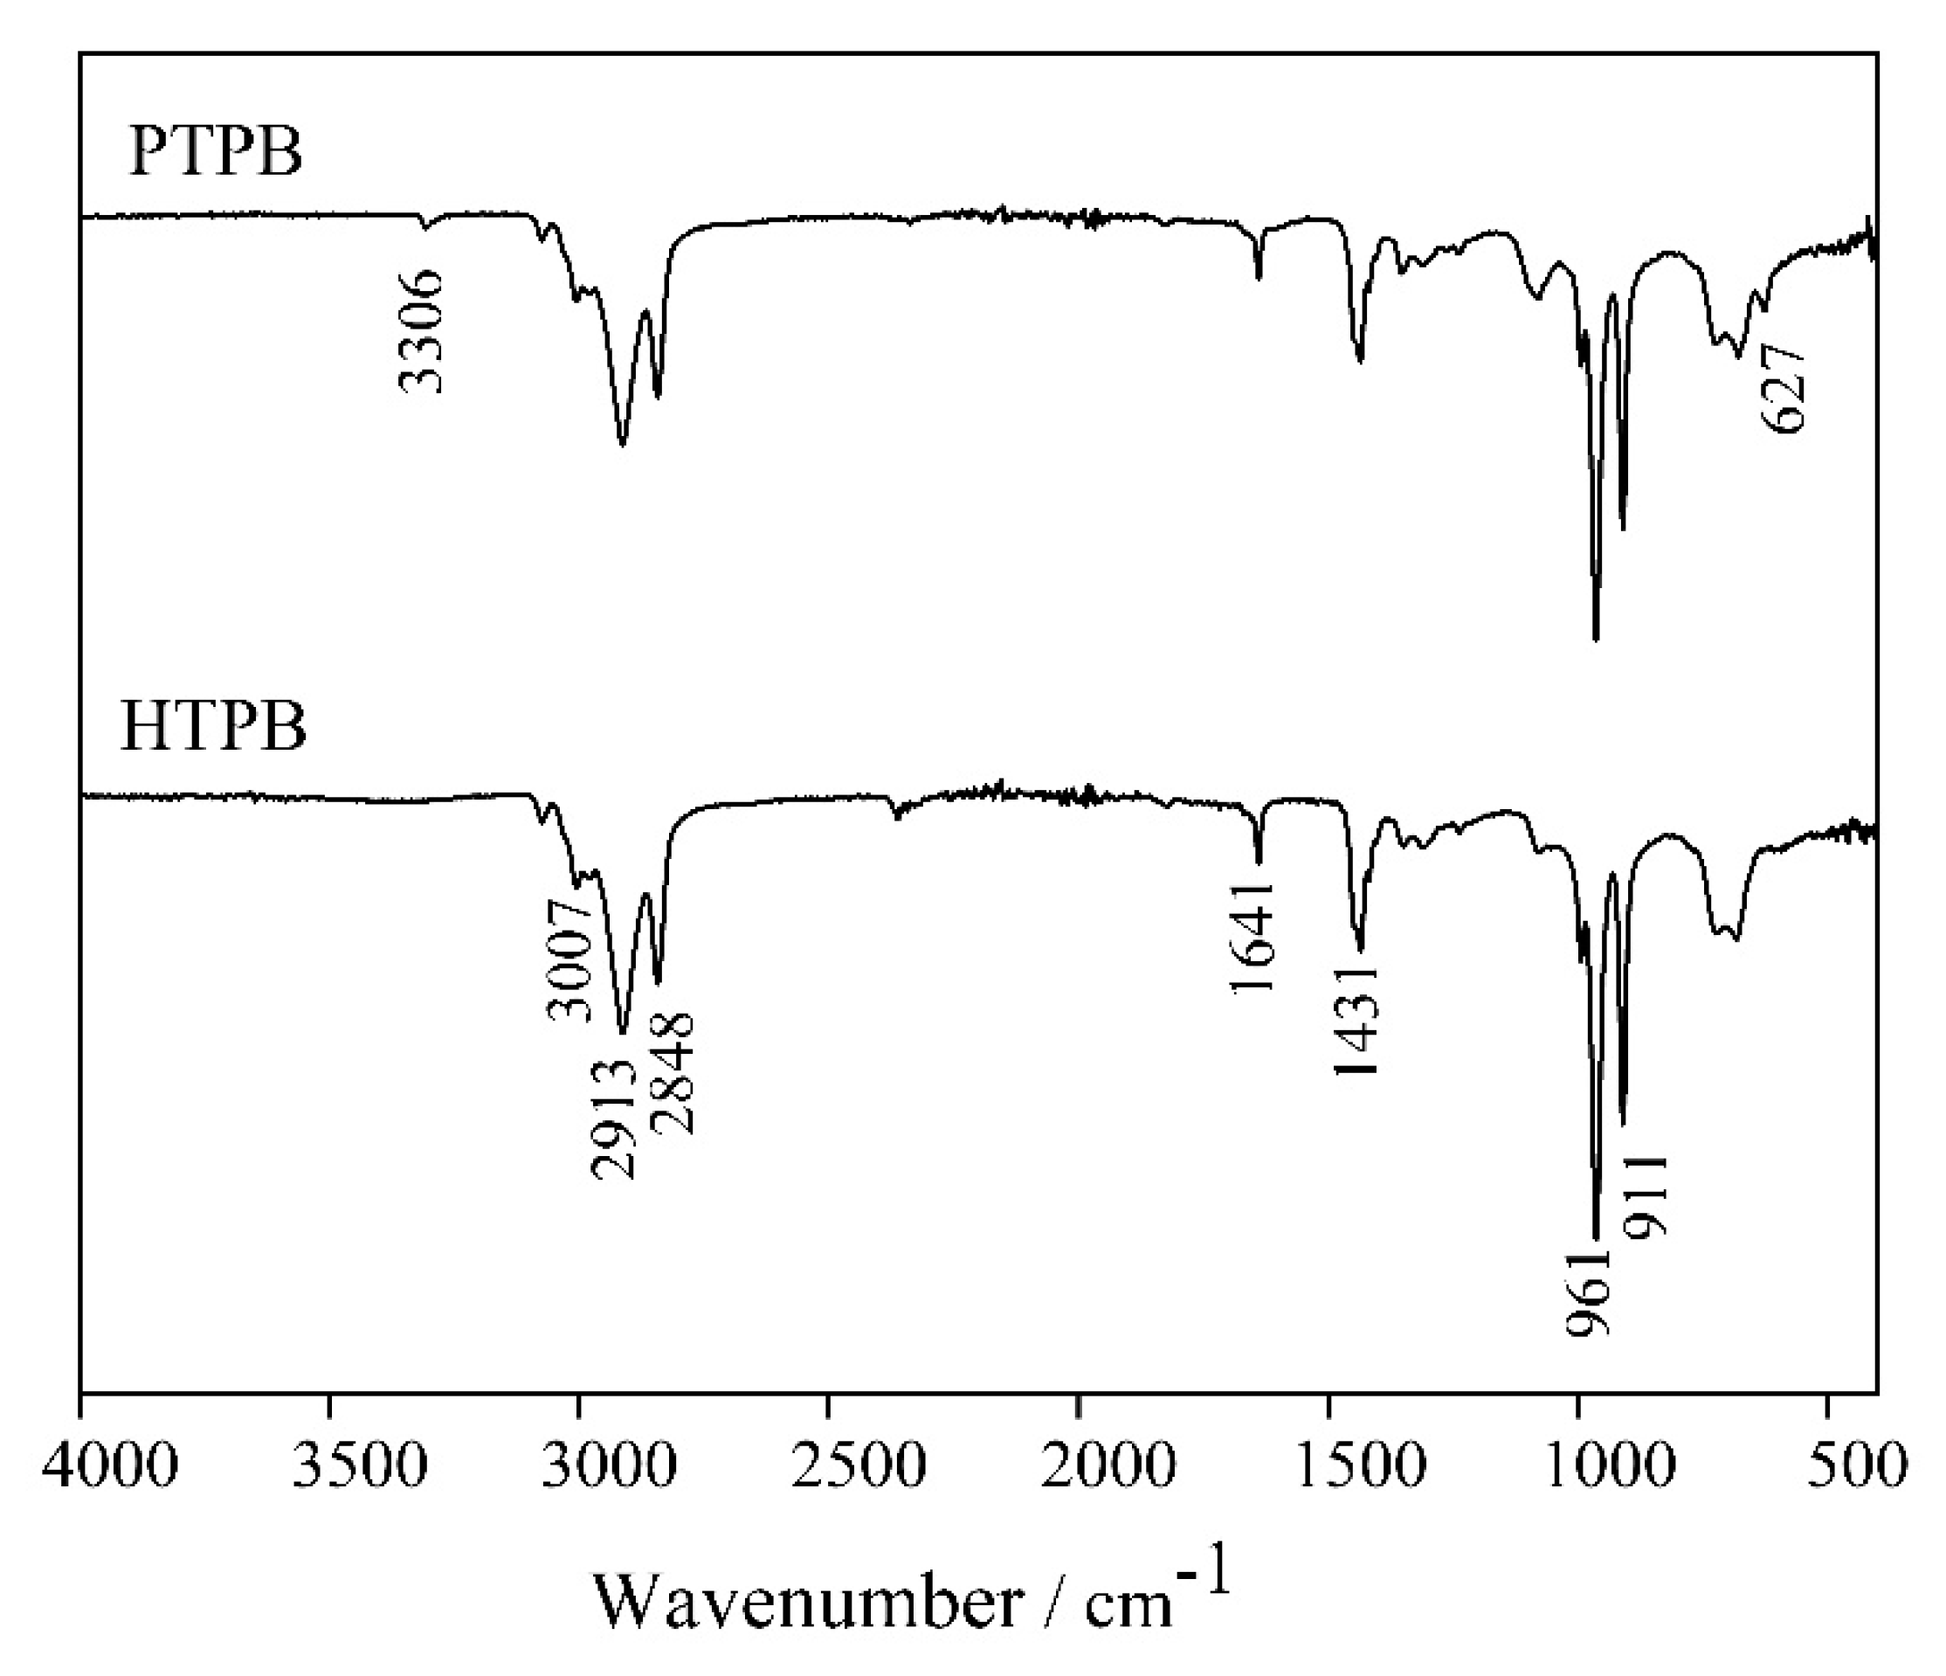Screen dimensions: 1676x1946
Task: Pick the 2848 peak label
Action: pyautogui.click(x=673, y=1074)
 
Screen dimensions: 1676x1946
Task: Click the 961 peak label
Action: pyautogui.click(x=1589, y=1292)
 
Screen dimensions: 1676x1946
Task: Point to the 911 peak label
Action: pyautogui.click(x=1647, y=1197)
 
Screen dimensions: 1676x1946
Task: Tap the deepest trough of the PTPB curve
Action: pyautogui.click(x=1596, y=639)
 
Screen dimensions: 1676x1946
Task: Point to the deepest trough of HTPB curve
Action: pyautogui.click(x=1596, y=1238)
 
